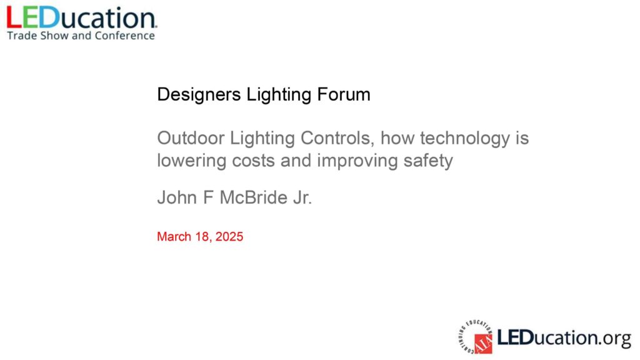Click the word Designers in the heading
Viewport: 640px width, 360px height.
click(199, 95)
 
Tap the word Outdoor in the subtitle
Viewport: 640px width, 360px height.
click(191, 138)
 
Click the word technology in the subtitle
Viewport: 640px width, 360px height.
click(465, 139)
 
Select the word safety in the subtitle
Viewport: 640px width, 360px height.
click(428, 161)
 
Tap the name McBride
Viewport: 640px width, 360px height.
click(254, 197)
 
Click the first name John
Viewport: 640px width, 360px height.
click(177, 197)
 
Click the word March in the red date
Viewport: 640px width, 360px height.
click(174, 237)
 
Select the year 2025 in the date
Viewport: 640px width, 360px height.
click(229, 237)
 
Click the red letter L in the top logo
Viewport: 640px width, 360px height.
click(14, 18)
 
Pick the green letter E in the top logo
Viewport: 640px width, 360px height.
click(30, 18)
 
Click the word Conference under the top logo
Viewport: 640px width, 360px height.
click(125, 36)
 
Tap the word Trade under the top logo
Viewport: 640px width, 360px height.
click(22, 36)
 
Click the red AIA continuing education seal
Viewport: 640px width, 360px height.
click(476, 337)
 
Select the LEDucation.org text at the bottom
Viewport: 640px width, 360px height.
click(564, 338)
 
